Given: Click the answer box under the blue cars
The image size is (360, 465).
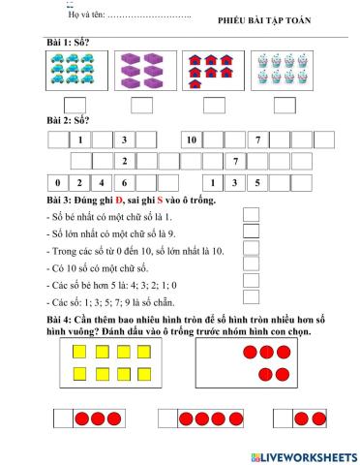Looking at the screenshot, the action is (x=74, y=105).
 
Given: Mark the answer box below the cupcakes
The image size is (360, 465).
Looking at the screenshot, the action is (x=284, y=105).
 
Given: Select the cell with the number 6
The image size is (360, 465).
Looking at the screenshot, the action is (x=125, y=181).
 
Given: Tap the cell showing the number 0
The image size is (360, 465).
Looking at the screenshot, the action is (x=57, y=181).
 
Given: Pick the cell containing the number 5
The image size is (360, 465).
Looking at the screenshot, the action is (x=256, y=181).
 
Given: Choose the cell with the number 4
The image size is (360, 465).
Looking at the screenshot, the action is (x=103, y=181).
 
